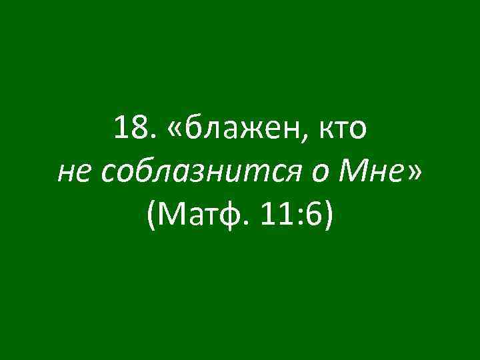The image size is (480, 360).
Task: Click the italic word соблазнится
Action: [199, 175]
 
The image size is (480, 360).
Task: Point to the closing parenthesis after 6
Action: [327, 217]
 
